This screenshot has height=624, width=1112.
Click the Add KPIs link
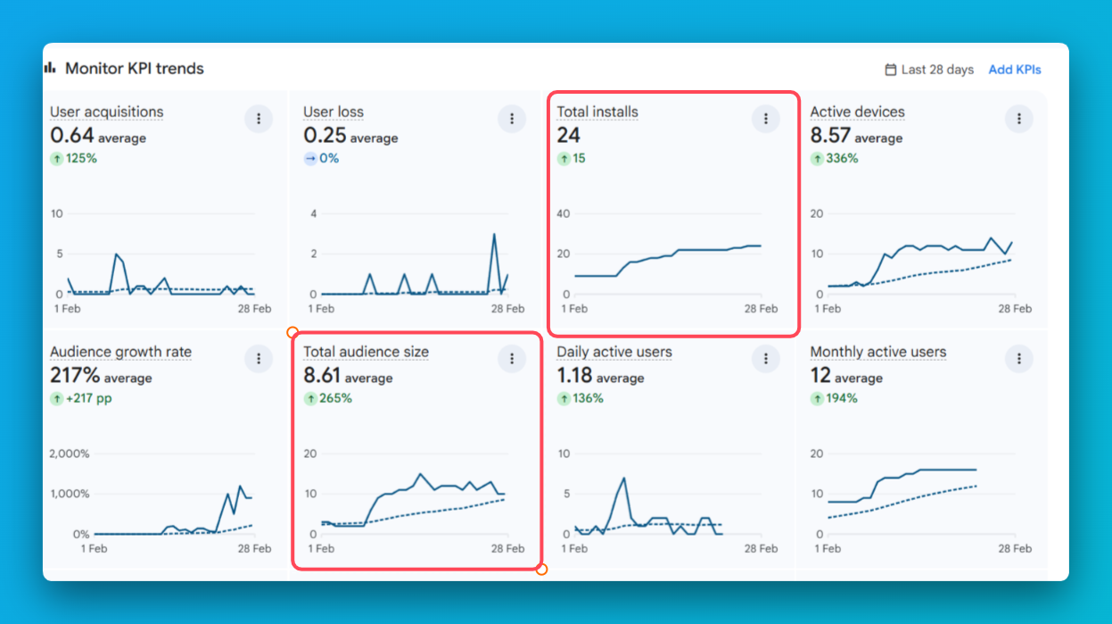pyautogui.click(x=1015, y=70)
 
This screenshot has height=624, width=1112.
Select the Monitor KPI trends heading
pyautogui.click(x=134, y=69)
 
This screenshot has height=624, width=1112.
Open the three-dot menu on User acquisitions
pyautogui.click(x=259, y=118)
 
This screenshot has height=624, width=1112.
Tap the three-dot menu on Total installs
pyautogui.click(x=765, y=118)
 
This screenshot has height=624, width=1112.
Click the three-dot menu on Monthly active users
pyautogui.click(x=1018, y=358)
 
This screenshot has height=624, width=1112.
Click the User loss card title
pyautogui.click(x=334, y=112)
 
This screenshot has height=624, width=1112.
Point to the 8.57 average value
pyautogui.click(x=855, y=136)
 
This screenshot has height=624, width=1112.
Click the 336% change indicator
pyautogui.click(x=835, y=159)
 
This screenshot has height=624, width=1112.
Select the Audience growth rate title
pyautogui.click(x=120, y=352)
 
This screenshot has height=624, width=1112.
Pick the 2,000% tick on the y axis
pyautogui.click(x=70, y=453)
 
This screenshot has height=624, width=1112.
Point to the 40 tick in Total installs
pyautogui.click(x=563, y=213)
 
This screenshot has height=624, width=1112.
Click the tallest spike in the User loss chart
pyautogui.click(x=493, y=234)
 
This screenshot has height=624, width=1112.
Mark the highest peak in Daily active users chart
pyautogui.click(x=624, y=478)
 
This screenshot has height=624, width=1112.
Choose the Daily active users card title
pyautogui.click(x=614, y=352)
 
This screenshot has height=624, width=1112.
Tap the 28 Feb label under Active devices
pyautogui.click(x=1015, y=309)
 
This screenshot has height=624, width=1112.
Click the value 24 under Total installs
pyautogui.click(x=569, y=136)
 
